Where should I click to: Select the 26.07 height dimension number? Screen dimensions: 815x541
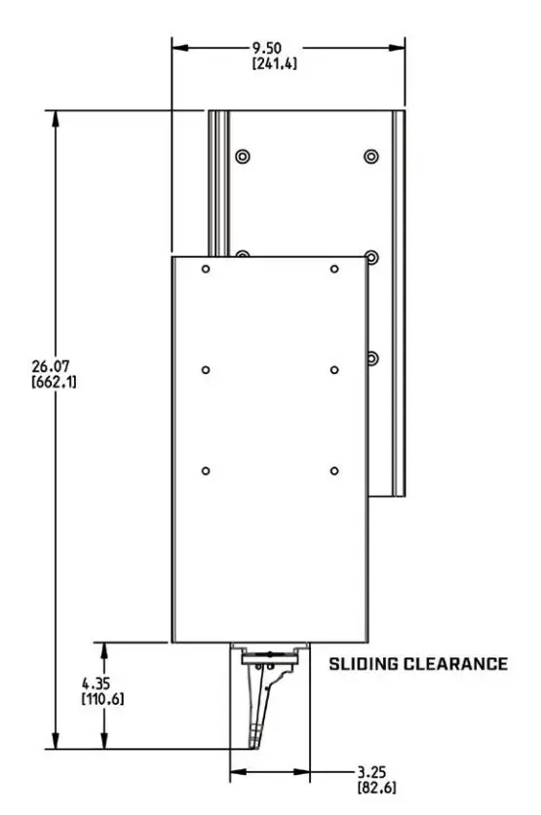(x=55, y=366)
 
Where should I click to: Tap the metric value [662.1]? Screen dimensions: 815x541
(x=56, y=382)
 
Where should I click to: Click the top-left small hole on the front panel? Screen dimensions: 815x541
(x=206, y=269)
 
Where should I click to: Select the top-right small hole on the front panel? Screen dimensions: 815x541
(x=334, y=269)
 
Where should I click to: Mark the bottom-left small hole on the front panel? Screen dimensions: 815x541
(x=206, y=471)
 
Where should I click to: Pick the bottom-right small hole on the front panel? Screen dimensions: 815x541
(x=334, y=471)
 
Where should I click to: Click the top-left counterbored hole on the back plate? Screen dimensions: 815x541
(x=242, y=156)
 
